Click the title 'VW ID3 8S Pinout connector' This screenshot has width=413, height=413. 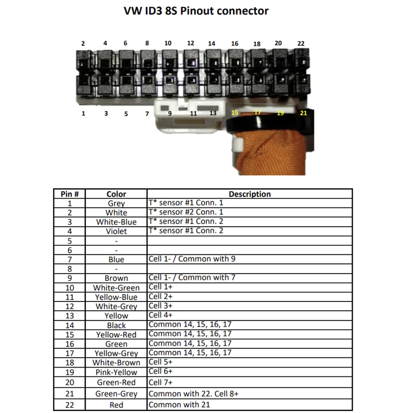click(196, 11)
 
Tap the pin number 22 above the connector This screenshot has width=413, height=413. click(301, 43)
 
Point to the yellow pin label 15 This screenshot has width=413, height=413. click(235, 113)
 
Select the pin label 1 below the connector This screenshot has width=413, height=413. click(83, 114)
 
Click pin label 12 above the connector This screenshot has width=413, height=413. click(190, 43)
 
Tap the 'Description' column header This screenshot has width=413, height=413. click(250, 194)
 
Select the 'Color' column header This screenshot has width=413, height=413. click(116, 194)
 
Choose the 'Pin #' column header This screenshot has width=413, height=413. click(70, 194)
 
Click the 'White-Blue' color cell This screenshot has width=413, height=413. click(116, 222)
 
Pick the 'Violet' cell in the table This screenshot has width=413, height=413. click(116, 231)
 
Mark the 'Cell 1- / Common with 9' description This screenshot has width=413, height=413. click(192, 259)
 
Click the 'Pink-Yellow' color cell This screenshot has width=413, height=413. click(116, 372)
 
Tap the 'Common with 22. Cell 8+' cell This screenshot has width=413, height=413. click(193, 393)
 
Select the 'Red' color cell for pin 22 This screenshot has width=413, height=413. click(116, 405)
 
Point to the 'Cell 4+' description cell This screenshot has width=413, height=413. click(161, 315)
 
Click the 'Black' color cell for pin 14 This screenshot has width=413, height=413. click(116, 325)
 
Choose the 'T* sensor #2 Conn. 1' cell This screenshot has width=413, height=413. click(186, 212)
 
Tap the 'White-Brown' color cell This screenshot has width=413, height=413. click(116, 362)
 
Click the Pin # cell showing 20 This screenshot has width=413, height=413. click(70, 382)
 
